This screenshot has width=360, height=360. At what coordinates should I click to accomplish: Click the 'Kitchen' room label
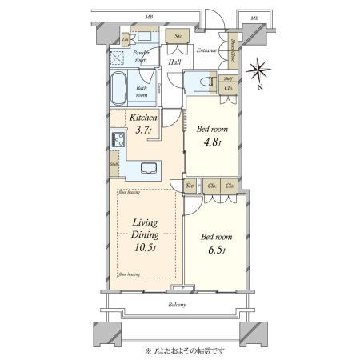[143, 118]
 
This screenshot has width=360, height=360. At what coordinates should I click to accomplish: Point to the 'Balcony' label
[178, 305]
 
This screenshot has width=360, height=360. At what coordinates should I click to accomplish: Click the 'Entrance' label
[207, 50]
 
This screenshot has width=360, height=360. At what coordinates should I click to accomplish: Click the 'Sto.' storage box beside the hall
[178, 37]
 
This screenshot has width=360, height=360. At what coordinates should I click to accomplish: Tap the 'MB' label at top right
[254, 17]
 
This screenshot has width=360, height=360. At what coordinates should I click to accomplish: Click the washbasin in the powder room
[146, 37]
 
